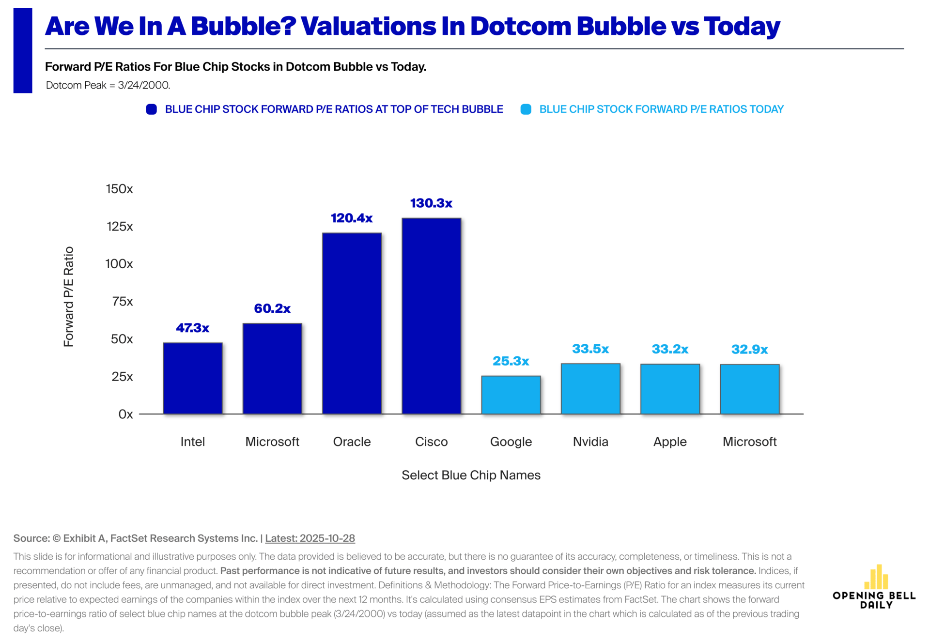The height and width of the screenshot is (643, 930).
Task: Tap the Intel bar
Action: [193, 378]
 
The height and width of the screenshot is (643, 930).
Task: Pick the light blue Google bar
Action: [511, 395]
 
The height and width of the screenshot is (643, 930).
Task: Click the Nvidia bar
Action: [590, 388]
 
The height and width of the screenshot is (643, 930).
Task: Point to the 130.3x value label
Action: [431, 203]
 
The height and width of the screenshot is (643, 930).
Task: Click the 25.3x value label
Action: [511, 361]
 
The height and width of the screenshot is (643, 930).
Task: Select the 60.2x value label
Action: [272, 309]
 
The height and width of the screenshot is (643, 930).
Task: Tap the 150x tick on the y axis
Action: [119, 189]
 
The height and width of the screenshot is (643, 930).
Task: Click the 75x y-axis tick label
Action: [122, 302]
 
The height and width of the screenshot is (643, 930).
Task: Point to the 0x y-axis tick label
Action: [125, 414]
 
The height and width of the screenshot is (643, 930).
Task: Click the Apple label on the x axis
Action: [670, 442]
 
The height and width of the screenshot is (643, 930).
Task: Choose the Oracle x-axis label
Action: [352, 442]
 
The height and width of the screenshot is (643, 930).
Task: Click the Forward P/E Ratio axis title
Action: [69, 296]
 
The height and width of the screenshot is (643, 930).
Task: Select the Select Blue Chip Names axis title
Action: [471, 475]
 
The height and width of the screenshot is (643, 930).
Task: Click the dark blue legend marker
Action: [152, 109]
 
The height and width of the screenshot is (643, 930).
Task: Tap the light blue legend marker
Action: [526, 109]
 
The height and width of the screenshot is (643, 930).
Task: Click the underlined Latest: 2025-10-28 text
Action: [310, 538]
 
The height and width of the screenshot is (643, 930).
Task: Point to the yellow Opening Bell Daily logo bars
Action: [876, 577]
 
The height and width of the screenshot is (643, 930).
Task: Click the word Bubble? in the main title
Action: [244, 26]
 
